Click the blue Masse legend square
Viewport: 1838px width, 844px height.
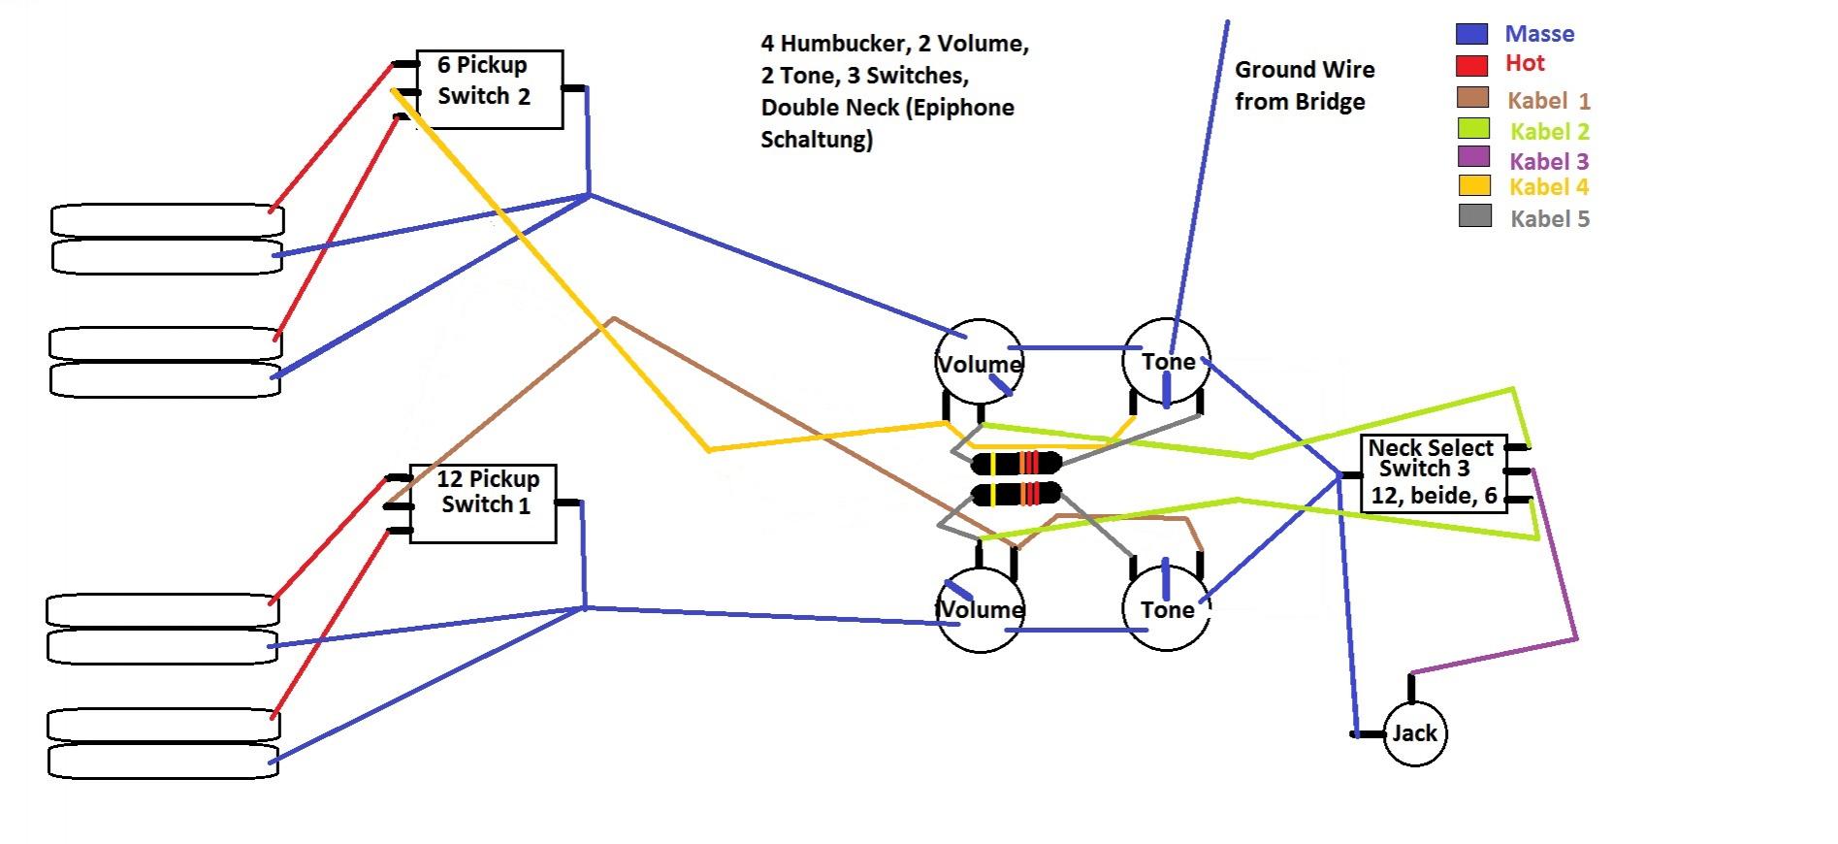point(1471,34)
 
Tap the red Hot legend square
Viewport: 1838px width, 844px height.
point(1471,65)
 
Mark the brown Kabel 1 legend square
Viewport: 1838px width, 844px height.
point(1472,97)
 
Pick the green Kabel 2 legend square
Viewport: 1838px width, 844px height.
point(1473,128)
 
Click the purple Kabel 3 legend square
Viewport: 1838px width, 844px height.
point(1473,156)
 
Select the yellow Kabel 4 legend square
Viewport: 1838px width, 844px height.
point(1474,184)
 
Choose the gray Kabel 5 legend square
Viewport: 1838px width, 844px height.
point(1475,215)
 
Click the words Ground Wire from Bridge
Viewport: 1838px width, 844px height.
point(1304,85)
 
